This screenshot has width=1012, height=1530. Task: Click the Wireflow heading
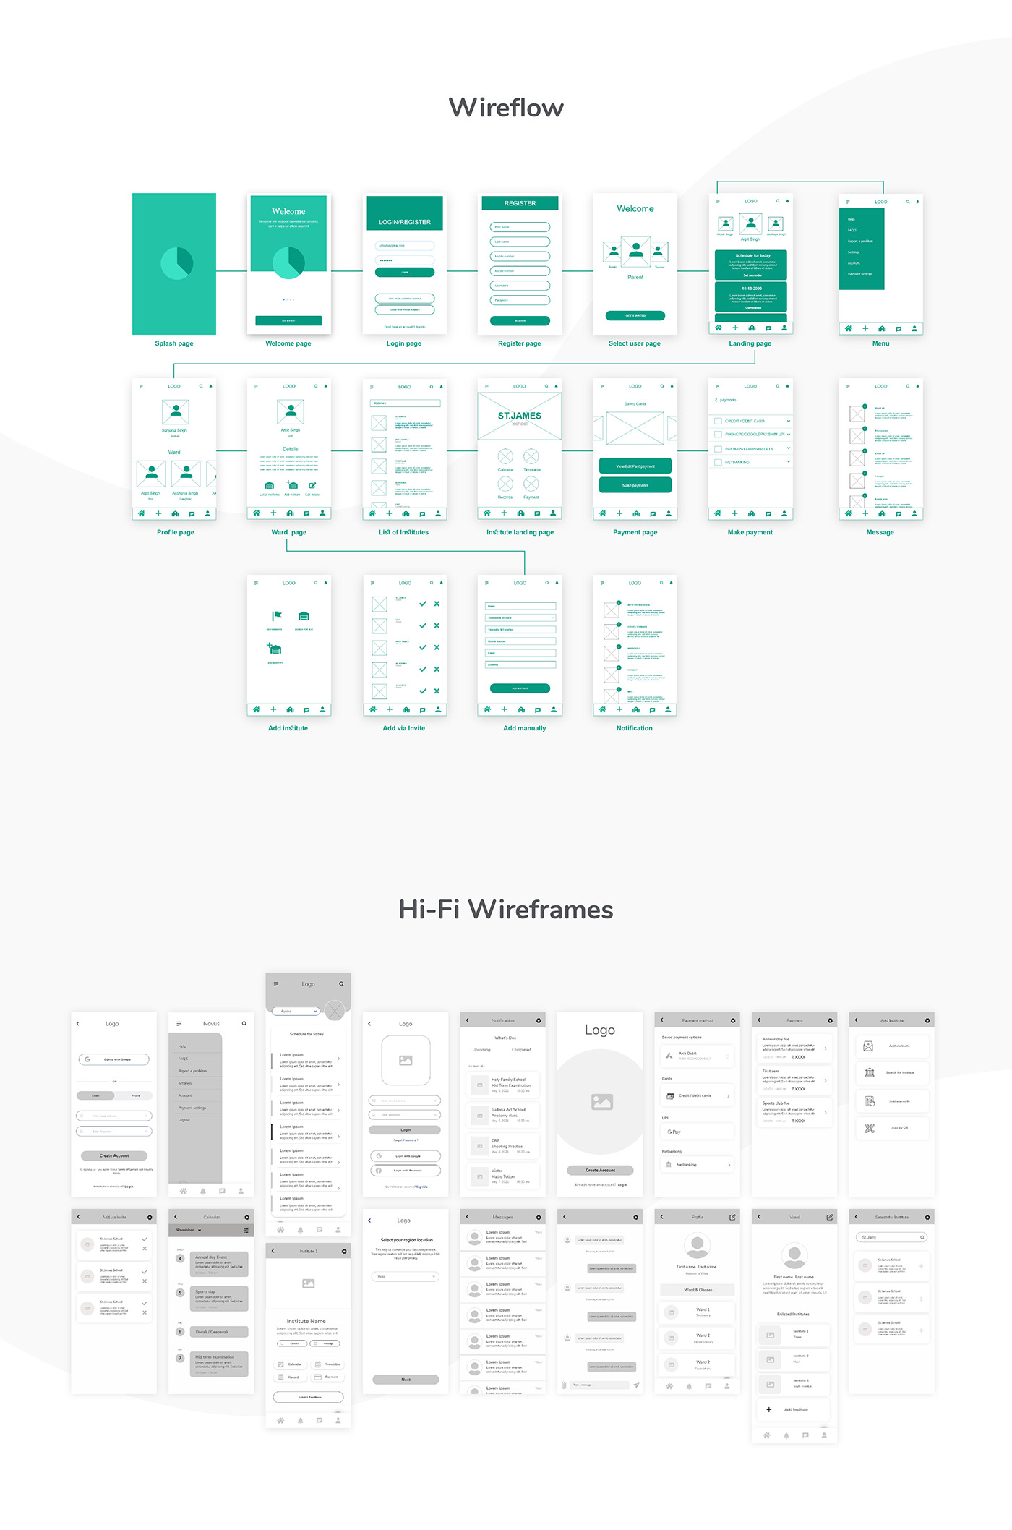[x=506, y=108]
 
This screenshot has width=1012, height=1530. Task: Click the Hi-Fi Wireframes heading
[x=506, y=909]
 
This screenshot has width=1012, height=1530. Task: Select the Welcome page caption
[x=288, y=343]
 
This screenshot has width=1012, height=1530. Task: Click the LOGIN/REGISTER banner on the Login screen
[x=405, y=222]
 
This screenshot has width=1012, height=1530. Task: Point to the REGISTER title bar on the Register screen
[x=520, y=203]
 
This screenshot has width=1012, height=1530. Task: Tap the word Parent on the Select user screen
[x=635, y=277]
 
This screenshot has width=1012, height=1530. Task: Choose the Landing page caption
[x=750, y=343]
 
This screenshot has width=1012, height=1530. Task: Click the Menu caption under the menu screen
[x=880, y=343]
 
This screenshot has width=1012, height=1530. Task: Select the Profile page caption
[x=176, y=532]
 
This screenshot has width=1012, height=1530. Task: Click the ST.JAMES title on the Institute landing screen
[x=520, y=416]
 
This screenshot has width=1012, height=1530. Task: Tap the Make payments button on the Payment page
[x=635, y=485]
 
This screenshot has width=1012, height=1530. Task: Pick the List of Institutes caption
[x=403, y=532]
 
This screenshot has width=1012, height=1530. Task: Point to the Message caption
[x=880, y=532]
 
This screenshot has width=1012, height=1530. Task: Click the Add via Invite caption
[x=403, y=728]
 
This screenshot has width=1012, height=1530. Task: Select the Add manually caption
[x=524, y=728]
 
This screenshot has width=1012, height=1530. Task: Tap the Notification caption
[x=634, y=728]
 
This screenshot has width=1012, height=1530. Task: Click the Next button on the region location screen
[x=406, y=1379]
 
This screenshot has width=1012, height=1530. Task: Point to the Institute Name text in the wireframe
[x=306, y=1321]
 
